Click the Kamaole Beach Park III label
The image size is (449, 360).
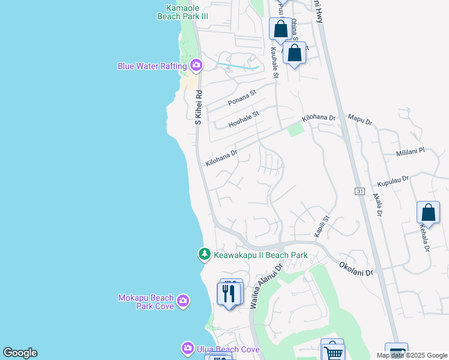[182, 13]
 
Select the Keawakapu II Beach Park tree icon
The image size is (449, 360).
[205, 255]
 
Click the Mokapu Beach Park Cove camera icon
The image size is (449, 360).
[182, 300]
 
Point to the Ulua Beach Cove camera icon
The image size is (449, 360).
[188, 349]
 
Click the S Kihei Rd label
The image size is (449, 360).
[199, 108]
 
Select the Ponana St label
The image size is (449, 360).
[242, 98]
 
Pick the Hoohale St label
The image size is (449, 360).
[243, 119]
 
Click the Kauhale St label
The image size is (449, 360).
[274, 63]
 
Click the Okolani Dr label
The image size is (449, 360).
[356, 268]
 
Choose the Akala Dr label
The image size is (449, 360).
[377, 204]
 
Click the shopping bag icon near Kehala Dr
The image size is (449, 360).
[428, 212]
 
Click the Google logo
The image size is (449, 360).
[20, 353]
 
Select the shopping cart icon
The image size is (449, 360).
[333, 351]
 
